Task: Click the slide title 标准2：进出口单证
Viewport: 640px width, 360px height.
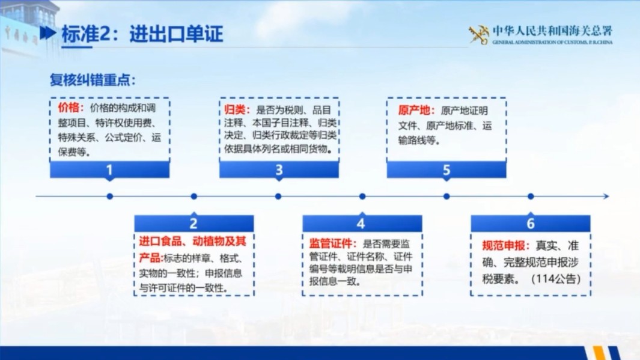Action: (142, 34)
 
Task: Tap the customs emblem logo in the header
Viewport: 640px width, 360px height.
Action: (479, 35)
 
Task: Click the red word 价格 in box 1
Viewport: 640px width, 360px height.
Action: (68, 108)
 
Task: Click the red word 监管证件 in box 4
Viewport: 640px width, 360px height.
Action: (329, 245)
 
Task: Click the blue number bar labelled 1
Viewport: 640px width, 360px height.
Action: (109, 170)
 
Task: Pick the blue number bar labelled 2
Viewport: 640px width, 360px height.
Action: (194, 224)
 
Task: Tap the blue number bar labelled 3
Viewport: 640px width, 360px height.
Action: (279, 170)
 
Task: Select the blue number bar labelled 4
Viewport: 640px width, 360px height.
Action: (361, 224)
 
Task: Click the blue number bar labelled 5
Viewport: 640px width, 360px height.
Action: (446, 170)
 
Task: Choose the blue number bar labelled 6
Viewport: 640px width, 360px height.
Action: (530, 224)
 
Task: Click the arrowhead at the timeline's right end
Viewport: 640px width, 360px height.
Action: (606, 196)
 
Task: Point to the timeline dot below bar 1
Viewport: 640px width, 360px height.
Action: (109, 196)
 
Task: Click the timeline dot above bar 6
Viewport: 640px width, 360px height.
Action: (530, 196)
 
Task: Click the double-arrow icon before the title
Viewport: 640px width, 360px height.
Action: (48, 34)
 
